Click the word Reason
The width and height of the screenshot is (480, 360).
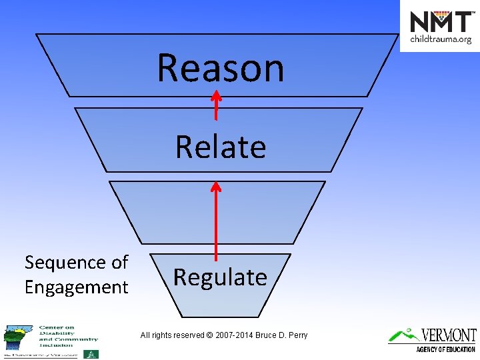(x=221, y=69)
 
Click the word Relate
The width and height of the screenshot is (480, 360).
(x=221, y=147)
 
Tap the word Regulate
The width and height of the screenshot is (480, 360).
(x=220, y=277)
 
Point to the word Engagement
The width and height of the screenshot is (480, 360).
(x=76, y=287)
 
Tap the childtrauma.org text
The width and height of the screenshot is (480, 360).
(x=441, y=39)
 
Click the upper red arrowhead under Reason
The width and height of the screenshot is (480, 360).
(x=216, y=95)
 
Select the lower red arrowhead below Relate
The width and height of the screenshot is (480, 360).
(x=216, y=187)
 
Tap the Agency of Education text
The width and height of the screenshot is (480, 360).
(x=445, y=349)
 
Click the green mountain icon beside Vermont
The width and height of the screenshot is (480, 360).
(x=403, y=335)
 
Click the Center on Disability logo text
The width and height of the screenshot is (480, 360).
(x=67, y=336)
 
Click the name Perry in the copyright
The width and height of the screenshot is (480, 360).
(x=297, y=335)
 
